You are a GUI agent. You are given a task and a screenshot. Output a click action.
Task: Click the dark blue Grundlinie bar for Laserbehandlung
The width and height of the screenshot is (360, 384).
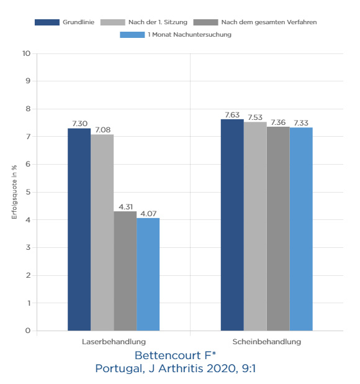pos(79,229)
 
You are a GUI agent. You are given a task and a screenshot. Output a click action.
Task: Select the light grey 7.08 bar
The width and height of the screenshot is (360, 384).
pos(102,232)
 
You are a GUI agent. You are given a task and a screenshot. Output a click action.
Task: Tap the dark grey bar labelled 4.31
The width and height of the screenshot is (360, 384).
pos(125,271)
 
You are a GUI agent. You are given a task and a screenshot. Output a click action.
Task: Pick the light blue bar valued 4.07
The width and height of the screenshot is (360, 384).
pos(148,274)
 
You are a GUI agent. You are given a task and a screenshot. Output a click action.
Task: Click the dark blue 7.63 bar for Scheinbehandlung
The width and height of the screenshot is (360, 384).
pos(232,225)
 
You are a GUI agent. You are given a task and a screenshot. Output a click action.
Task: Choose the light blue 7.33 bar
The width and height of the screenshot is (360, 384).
pos(301,229)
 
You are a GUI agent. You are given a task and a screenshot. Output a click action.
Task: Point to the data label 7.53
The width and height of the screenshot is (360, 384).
pos(255,117)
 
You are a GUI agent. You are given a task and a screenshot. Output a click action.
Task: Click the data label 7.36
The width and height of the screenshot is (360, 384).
pos(278,122)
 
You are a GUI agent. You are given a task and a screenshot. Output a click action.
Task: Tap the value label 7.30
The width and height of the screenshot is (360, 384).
pos(79,124)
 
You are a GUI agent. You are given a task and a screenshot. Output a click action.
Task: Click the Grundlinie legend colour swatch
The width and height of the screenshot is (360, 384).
pos(47,22)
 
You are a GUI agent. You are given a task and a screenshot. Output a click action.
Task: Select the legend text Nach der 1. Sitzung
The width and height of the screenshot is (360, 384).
pos(158,22)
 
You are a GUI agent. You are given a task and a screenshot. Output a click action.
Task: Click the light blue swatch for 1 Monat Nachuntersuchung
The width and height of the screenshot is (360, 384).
pos(132,35)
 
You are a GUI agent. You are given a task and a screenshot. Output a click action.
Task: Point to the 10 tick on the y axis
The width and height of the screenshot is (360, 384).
pos(27,53)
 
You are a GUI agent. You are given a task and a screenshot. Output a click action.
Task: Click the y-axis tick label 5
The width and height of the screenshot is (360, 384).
pos(28,192)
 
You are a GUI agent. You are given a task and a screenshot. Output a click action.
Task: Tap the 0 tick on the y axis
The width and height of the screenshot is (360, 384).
pos(28,331)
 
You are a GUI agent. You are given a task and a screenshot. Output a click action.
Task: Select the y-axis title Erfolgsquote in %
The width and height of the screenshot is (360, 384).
pos(14,192)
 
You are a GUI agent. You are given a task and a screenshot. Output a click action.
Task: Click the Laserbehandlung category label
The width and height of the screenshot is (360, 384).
pos(114,342)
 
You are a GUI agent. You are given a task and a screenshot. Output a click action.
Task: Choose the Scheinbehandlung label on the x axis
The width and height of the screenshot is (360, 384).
pos(267,342)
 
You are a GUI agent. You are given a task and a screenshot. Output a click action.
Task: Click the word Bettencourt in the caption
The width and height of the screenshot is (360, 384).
pos(168,355)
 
